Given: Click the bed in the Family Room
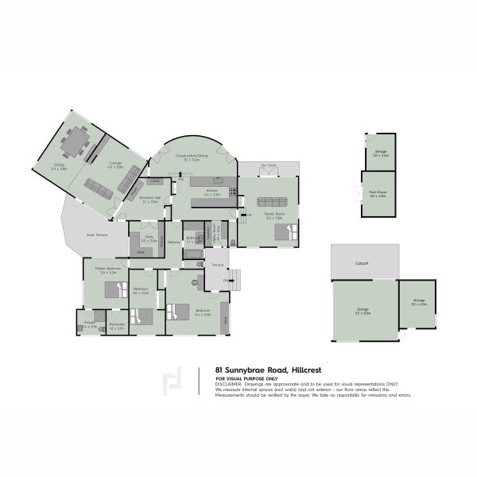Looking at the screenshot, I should (282, 232).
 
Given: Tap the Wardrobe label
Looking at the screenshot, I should (116, 325).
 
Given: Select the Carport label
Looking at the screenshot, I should (363, 262).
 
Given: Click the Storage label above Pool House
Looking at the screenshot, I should (381, 153).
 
